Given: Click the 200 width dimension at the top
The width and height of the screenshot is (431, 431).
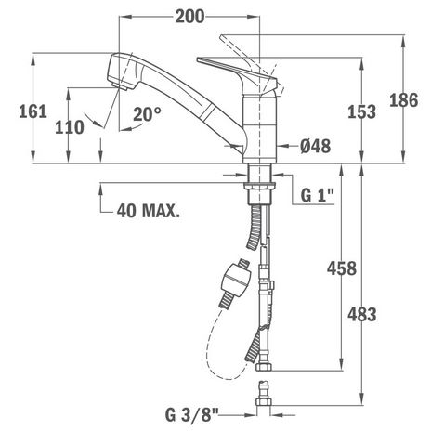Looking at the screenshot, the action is (x=189, y=17).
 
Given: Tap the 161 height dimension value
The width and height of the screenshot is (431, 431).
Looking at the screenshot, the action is (x=33, y=111).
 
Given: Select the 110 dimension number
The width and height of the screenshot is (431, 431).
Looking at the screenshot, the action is (x=70, y=127).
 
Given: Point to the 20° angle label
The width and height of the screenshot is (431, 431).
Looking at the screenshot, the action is (x=148, y=113).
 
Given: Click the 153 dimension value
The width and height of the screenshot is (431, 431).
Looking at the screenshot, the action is (x=361, y=111).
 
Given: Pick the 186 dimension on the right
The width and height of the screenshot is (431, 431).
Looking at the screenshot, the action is (x=404, y=100).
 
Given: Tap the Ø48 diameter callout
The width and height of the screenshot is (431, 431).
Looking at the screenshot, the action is (x=315, y=146).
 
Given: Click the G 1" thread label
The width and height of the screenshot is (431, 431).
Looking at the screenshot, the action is (x=318, y=195).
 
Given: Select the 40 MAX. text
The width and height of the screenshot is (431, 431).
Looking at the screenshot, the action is (x=149, y=211).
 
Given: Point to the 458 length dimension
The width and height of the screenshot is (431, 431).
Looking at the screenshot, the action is (x=342, y=268).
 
